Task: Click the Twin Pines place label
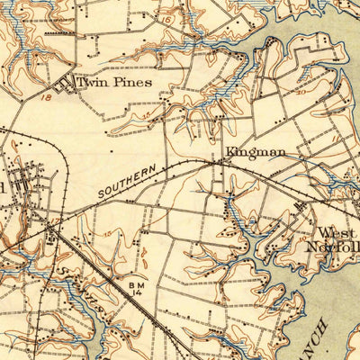coord(113,82)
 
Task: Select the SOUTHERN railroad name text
coord(128,181)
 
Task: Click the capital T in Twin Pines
coord(81,82)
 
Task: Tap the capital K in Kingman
coord(229,151)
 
